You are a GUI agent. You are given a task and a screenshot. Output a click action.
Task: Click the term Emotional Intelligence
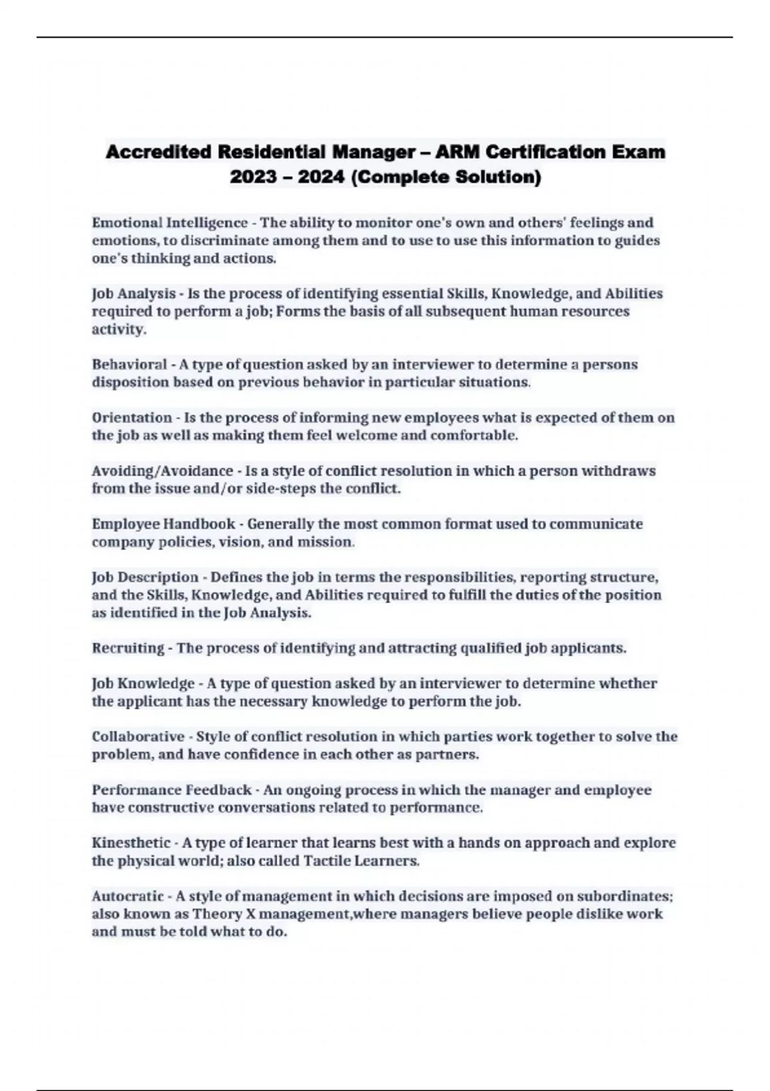pos(169,223)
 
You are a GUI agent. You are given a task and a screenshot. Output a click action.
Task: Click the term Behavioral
pos(129,365)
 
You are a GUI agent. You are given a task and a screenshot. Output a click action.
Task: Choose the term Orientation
pos(132,418)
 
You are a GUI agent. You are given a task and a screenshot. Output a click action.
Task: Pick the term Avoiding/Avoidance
pos(162,471)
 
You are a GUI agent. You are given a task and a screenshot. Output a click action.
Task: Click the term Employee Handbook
pos(163,524)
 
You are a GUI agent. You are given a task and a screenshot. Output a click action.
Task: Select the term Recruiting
pos(128,648)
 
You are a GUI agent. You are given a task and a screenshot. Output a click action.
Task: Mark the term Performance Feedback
pos(171,790)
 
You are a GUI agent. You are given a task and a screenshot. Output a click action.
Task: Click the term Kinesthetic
pos(131,843)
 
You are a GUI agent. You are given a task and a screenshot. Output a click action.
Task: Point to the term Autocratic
pos(128,896)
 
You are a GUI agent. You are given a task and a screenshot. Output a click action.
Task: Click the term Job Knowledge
pos(143,683)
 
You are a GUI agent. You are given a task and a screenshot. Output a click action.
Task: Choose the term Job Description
pos(145,577)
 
